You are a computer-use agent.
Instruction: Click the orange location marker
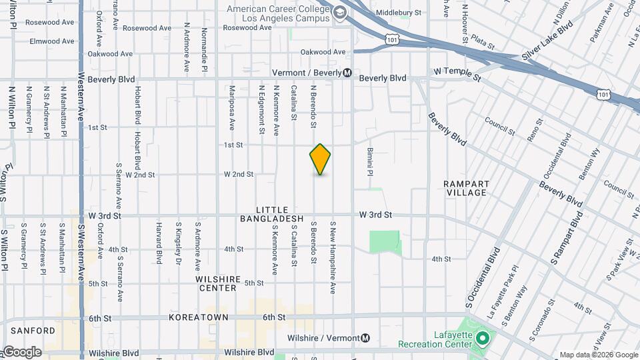click(320, 159)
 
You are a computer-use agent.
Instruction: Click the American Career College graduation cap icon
click(341, 13)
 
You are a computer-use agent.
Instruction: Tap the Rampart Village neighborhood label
click(466, 188)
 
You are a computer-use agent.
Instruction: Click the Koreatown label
click(198, 318)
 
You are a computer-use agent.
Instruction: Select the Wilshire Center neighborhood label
click(216, 283)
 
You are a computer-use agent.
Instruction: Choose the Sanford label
click(32, 331)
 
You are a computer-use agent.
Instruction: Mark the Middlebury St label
click(399, 13)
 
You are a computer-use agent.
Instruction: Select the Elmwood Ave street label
click(52, 41)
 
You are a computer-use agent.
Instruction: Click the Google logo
click(22, 352)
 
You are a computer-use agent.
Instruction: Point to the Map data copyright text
click(598, 355)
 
